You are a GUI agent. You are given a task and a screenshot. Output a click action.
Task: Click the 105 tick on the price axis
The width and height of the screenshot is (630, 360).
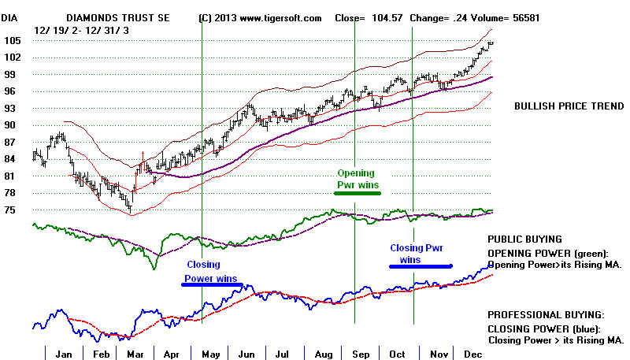click(x=11, y=40)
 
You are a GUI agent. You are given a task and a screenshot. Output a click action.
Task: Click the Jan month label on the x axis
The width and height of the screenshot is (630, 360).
click(x=64, y=354)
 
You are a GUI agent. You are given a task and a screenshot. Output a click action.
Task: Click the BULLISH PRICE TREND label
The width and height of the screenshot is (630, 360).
click(x=569, y=106)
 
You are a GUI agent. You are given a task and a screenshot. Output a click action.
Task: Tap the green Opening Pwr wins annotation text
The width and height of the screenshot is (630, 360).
click(x=356, y=179)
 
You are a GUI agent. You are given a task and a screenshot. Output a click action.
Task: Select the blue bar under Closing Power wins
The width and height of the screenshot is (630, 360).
click(x=211, y=285)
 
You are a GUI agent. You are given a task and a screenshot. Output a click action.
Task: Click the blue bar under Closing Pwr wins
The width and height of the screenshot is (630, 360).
click(x=421, y=266)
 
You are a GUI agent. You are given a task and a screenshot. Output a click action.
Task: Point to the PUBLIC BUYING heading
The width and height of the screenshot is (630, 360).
click(x=524, y=239)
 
